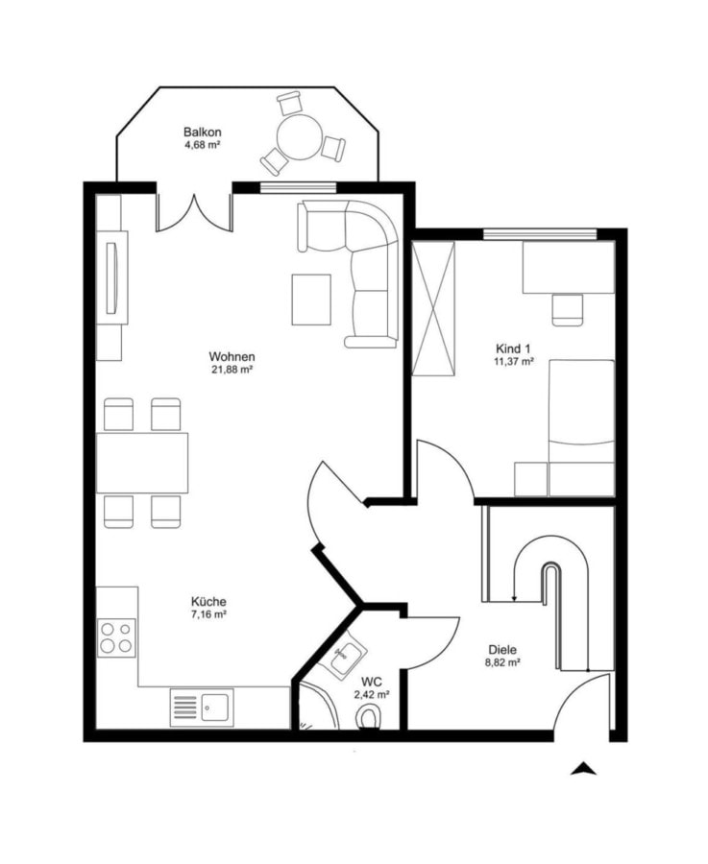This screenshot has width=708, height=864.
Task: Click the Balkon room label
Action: pyautogui.click(x=203, y=132)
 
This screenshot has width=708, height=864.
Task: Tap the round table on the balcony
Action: pyautogui.click(x=300, y=136)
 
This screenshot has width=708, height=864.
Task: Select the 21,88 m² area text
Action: pyautogui.click(x=232, y=370)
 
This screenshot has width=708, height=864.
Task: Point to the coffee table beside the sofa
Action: pyautogui.click(x=311, y=300)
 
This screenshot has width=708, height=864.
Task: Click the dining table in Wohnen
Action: pyautogui.click(x=142, y=463)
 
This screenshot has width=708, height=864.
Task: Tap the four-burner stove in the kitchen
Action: pyautogui.click(x=116, y=637)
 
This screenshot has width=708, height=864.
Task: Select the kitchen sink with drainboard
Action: pyautogui.click(x=202, y=707)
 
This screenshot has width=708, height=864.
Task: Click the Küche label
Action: pyautogui.click(x=208, y=602)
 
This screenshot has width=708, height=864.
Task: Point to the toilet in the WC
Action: pyautogui.click(x=370, y=718)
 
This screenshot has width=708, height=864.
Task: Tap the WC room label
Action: pyautogui.click(x=372, y=683)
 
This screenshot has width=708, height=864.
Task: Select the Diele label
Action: pyautogui.click(x=502, y=650)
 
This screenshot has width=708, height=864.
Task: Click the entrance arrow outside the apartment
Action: pyautogui.click(x=583, y=769)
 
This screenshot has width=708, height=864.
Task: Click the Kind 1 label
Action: pyautogui.click(x=513, y=348)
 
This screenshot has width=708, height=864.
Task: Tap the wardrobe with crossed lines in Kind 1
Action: pyautogui.click(x=434, y=308)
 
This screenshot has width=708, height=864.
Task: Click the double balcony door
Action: pyautogui.click(x=193, y=212)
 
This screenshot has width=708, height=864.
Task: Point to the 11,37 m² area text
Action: pyautogui.click(x=513, y=362)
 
